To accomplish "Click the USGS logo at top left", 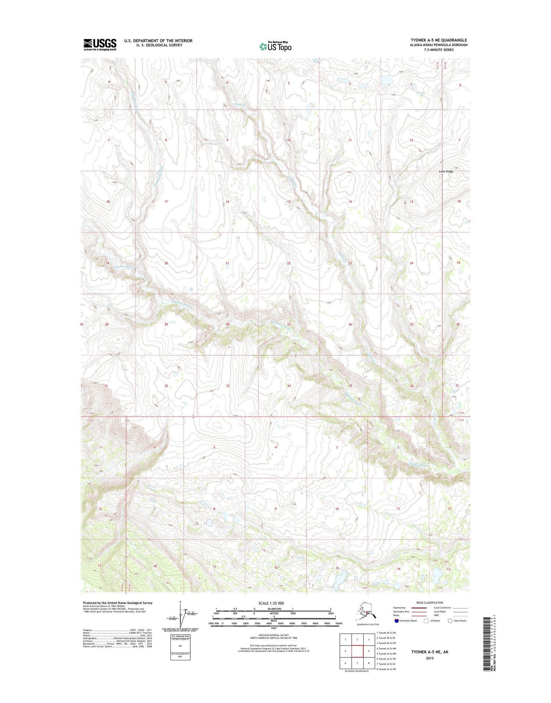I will click(x=100, y=44).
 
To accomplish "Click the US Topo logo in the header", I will click(x=275, y=46).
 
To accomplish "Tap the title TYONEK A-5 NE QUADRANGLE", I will click(x=439, y=40).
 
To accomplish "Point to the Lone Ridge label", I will click(x=446, y=171).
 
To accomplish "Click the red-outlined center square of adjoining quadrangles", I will click(x=357, y=651).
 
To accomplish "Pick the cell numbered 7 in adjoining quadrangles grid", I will click(x=357, y=663).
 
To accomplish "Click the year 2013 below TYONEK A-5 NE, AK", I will click(x=430, y=658).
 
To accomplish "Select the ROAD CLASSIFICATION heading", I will click(x=429, y=603).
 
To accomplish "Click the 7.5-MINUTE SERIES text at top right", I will click(x=439, y=50).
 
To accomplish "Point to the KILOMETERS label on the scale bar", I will click(x=274, y=609).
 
